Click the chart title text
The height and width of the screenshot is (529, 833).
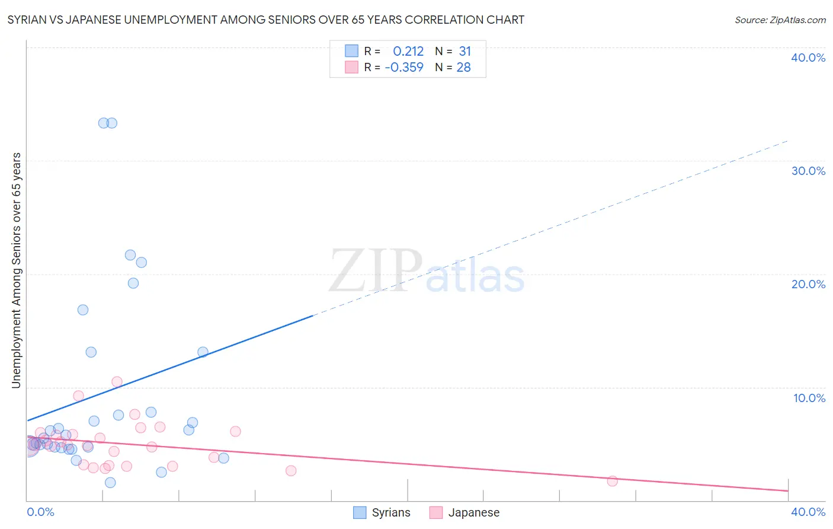pos(265,20)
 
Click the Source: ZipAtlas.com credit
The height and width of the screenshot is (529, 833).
pos(780,20)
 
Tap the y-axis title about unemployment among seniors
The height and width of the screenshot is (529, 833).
pos(16,270)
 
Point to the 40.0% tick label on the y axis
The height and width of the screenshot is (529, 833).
pos(808,58)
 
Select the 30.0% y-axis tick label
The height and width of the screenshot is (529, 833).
pos(808,171)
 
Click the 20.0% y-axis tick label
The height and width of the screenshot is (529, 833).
pos(808,284)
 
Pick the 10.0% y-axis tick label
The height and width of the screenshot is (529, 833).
pos(809,398)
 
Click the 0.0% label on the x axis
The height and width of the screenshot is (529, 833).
pos(40,512)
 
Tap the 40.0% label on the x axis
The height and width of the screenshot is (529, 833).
pos(808,512)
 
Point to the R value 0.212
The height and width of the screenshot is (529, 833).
pos(408,52)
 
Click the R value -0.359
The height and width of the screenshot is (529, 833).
pos(404,68)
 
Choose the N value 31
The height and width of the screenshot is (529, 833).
pos(464,52)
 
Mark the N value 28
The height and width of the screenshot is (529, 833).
pos(463,68)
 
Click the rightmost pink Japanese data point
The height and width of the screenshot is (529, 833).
pos(612,481)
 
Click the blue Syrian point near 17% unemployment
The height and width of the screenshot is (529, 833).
pos(83,310)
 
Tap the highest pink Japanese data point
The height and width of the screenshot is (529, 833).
pos(117,382)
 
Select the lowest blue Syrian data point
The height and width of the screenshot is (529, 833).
pos(110,482)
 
